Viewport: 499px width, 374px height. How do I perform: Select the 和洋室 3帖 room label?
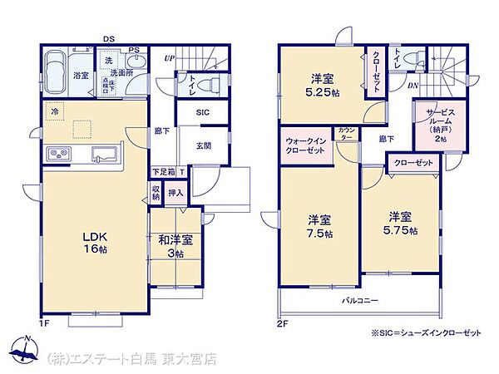[175, 246]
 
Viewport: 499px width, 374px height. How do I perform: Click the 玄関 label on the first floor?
[204, 146]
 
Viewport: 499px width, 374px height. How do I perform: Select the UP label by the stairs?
[170, 58]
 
